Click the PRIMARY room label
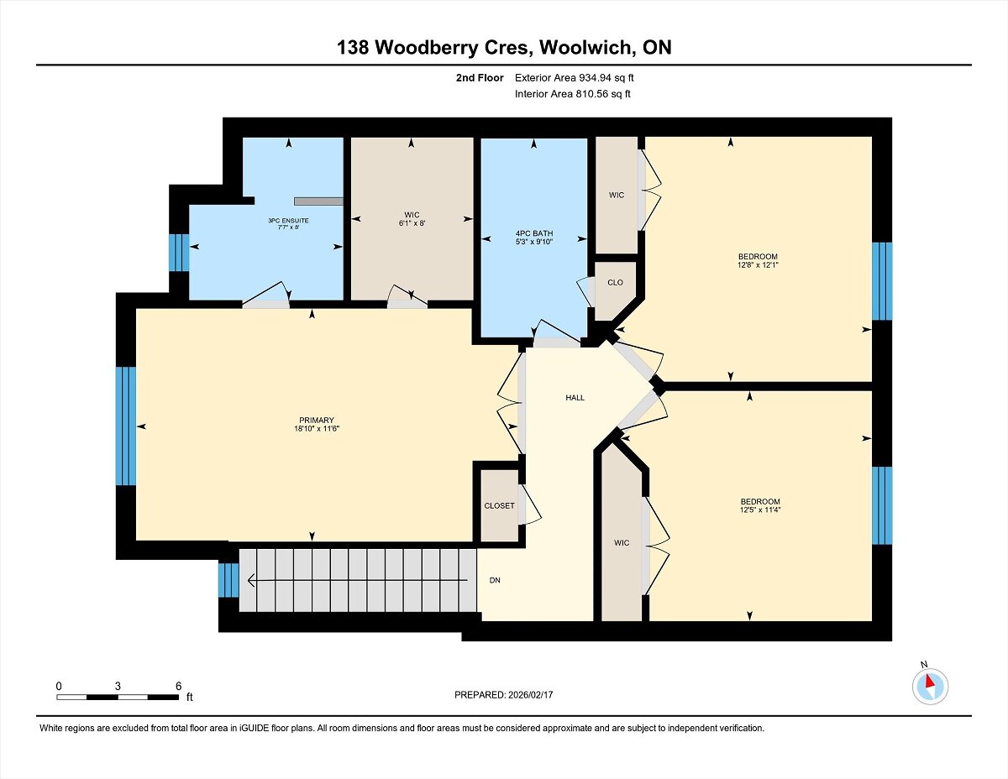[x=317, y=421]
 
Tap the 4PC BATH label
[x=534, y=233]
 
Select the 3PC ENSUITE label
[x=288, y=221]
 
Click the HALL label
[x=575, y=398]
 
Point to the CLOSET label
[x=499, y=505]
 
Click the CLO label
[x=615, y=283]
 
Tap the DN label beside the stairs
[x=495, y=580]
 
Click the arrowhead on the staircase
[x=251, y=580]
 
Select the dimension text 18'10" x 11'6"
[x=317, y=429]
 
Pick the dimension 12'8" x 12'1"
[x=758, y=265]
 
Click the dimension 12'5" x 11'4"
[x=760, y=510]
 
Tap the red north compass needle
[x=929, y=681]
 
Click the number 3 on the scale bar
[x=118, y=686]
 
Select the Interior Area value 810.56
[x=590, y=94]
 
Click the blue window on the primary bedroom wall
[x=126, y=426]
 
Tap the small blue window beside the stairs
[x=228, y=580]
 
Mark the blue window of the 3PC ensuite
[x=179, y=253]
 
